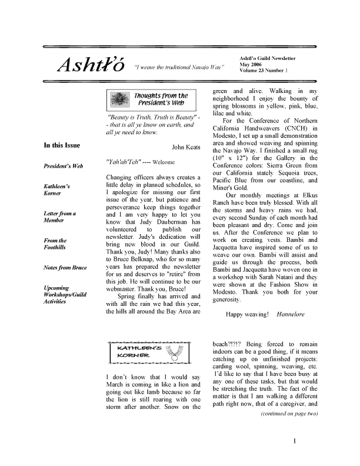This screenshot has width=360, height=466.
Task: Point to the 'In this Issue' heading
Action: [x=62, y=145]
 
